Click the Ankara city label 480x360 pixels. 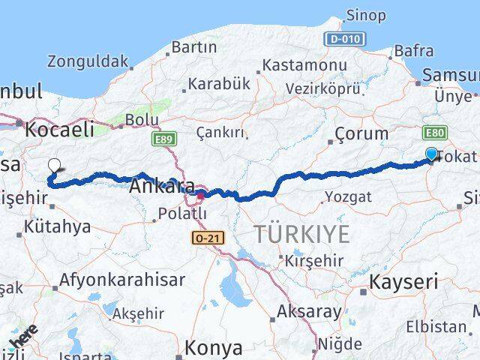163,186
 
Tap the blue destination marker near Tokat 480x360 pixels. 431,154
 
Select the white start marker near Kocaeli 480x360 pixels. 54,166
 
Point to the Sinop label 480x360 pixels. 366,15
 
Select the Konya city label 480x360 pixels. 214,348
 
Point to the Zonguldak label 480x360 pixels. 88,61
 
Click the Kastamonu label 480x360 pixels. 295,65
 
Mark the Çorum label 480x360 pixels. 361,134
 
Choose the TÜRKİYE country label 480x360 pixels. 301,234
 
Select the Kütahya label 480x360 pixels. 57,226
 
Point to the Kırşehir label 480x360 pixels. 313,260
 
